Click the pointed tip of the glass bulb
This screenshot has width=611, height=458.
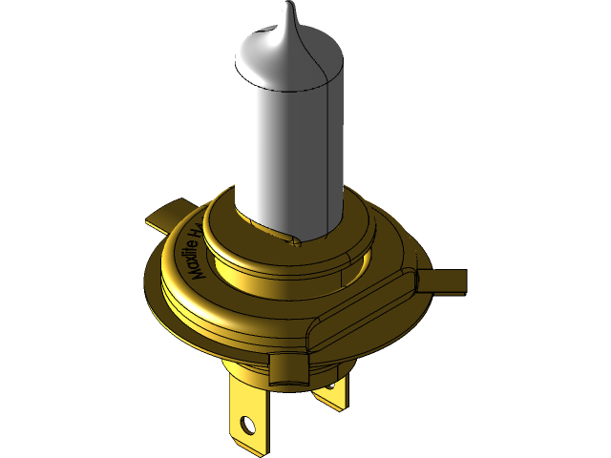(x=290, y=8)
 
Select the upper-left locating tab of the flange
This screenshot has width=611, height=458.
(x=167, y=216)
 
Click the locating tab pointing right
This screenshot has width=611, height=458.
(x=444, y=282)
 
